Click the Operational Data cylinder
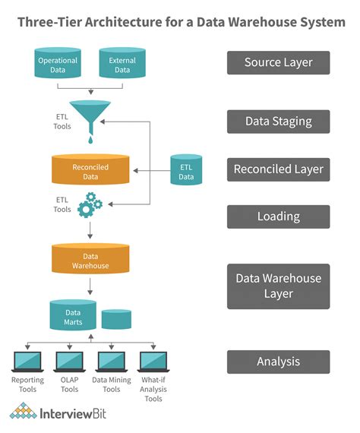[x=58, y=64]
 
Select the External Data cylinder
[x=123, y=64]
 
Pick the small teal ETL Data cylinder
[x=186, y=171]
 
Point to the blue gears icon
[x=90, y=205]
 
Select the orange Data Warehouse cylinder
[x=90, y=260]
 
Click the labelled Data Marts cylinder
[x=73, y=315]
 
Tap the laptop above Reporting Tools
[x=27, y=361]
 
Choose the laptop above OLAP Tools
[x=69, y=361]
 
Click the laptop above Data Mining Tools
[x=111, y=361]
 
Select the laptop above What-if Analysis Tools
[x=153, y=361]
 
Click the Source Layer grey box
[x=278, y=62]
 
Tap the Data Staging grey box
[x=278, y=121]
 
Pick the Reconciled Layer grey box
[x=278, y=169]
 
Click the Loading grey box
[x=278, y=216]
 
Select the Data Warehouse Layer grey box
[x=278, y=286]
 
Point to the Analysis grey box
[x=278, y=362]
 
